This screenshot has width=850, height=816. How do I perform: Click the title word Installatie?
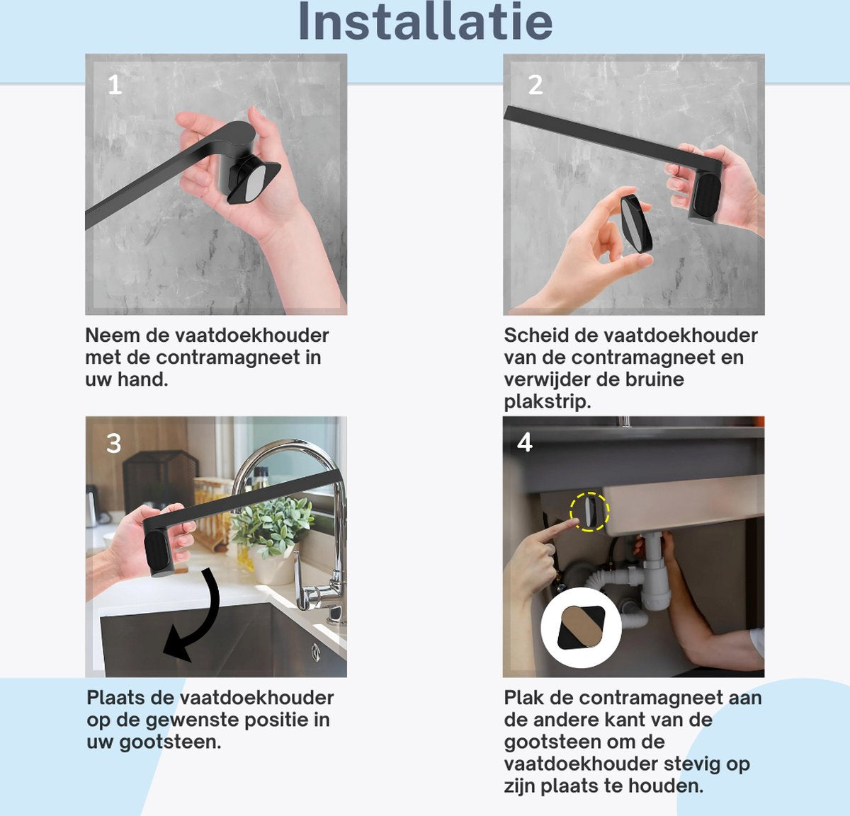426,22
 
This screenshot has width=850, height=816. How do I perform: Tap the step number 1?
115,85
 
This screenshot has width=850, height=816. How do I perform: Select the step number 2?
535,85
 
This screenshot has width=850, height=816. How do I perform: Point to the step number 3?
113,443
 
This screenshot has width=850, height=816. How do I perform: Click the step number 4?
525,442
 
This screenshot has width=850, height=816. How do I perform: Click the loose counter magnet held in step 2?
636,224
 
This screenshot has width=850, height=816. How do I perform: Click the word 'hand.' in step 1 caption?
142,379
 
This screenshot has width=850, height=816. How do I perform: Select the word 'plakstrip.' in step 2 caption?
548,401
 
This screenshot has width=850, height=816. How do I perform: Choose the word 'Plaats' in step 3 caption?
115,697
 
